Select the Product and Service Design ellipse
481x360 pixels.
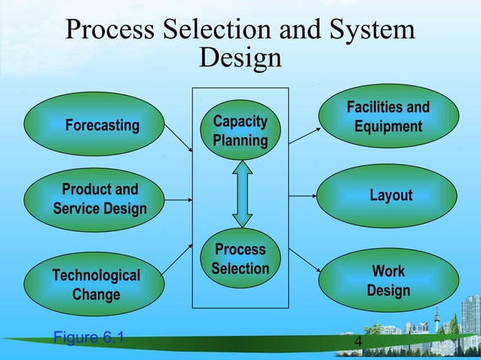pos(94,200)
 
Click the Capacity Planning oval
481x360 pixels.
pos(240,130)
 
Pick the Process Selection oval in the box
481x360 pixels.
pos(240,259)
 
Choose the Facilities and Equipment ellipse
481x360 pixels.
pos(388,117)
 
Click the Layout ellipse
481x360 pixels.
pos(388,196)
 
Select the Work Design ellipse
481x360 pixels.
pos(388,280)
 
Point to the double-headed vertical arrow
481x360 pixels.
pos(240,194)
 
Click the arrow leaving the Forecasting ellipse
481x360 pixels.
pos(179,139)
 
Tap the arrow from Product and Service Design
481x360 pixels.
pos(178,200)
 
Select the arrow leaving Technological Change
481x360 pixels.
pos(179,259)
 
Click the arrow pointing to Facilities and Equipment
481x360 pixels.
pos(303,136)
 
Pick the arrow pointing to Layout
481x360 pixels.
pos(304,196)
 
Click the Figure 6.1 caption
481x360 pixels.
pos(89,337)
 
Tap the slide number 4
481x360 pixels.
pos(358,344)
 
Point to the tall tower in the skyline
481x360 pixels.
pos(436,320)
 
